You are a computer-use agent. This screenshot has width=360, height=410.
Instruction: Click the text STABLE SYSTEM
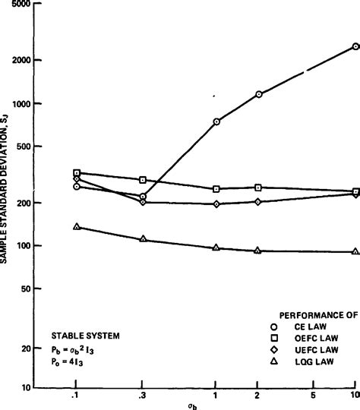click(85, 335)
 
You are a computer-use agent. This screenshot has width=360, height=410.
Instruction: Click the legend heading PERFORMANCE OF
click(317, 313)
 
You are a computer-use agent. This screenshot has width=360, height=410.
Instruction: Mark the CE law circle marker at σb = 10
click(355, 46)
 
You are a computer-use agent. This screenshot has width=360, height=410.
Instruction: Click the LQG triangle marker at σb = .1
click(77, 226)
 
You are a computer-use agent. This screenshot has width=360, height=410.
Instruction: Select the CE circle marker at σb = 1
click(216, 121)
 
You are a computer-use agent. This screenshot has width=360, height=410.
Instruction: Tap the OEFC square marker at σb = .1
click(77, 173)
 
